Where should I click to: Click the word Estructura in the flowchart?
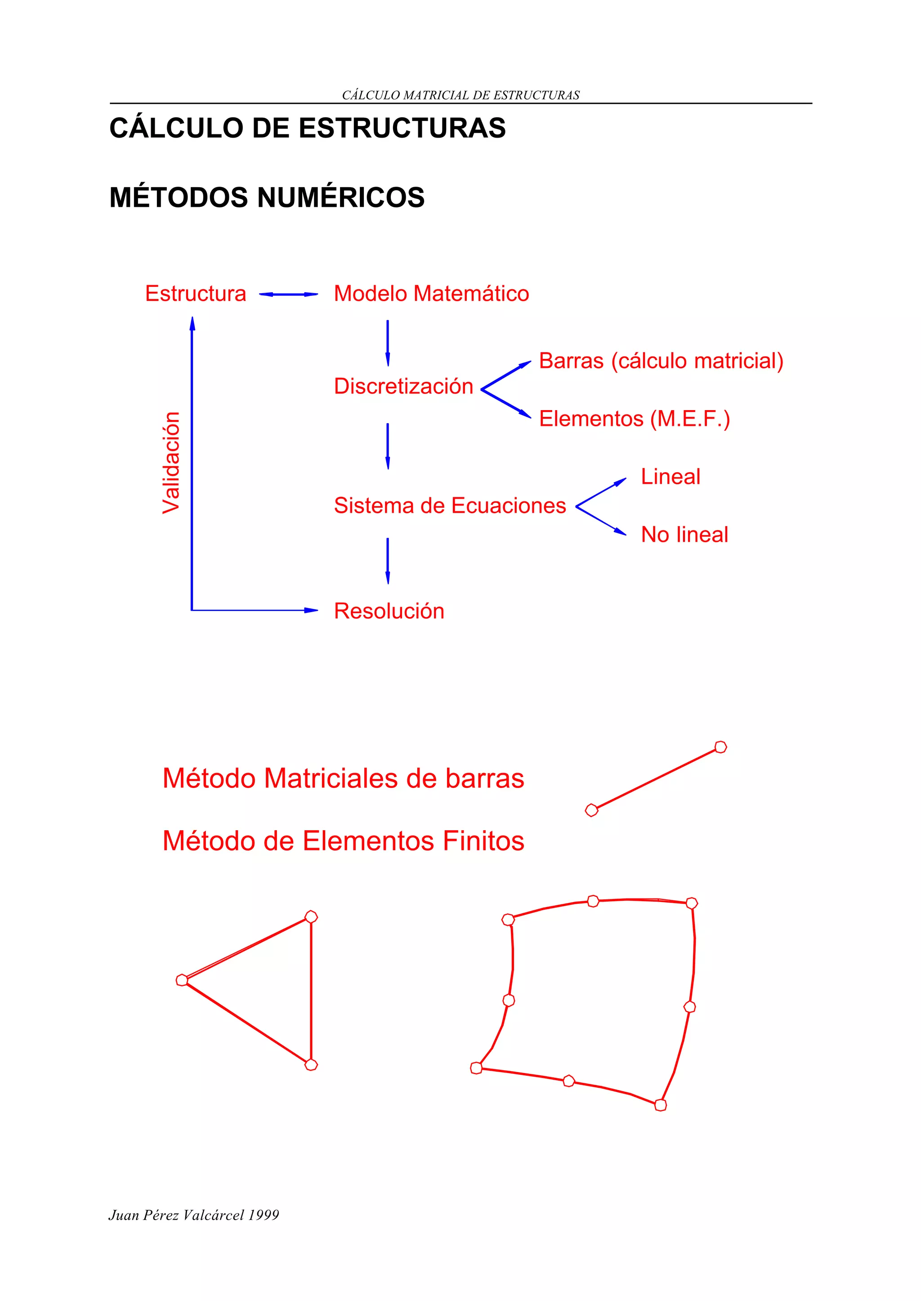coord(196,294)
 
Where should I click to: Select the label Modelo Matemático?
coord(431,294)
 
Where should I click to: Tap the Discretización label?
coord(403,386)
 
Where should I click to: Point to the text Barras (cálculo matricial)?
coord(661,361)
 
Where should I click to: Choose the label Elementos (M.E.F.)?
coord(634,419)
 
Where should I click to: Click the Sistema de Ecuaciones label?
coord(450,505)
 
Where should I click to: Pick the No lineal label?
coord(684,534)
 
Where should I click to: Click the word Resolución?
coord(389,611)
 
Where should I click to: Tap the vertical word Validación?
coord(171,463)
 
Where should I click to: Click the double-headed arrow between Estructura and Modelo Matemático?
coord(288,295)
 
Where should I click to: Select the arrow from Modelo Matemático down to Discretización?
coord(387,343)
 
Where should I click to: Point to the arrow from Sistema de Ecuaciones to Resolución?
coord(387,560)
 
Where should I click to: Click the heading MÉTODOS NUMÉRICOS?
coord(267,197)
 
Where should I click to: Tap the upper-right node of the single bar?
coord(720,747)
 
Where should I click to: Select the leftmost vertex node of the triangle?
coord(182,980)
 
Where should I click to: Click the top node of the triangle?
coord(311,917)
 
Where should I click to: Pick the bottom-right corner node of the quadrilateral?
coord(660,1105)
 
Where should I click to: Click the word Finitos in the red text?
coord(483,841)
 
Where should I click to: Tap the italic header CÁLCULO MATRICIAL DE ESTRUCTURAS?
coord(460,95)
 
